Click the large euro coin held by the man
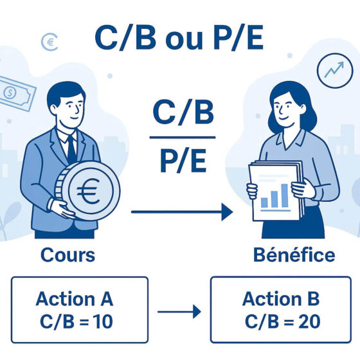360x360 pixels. (x=88, y=190)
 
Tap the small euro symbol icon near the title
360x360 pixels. (x=50, y=42)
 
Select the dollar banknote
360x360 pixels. (x=16, y=94)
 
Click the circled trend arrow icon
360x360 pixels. (x=335, y=71)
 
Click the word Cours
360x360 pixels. (x=67, y=255)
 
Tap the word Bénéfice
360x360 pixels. (x=294, y=255)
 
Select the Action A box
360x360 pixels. (x=80, y=310)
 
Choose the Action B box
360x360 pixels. (x=281, y=310)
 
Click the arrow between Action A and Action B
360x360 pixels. (x=179, y=312)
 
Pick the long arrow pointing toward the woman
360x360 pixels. (x=182, y=212)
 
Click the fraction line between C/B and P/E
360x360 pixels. (x=183, y=138)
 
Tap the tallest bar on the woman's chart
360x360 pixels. (x=284, y=195)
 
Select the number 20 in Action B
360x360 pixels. (x=309, y=321)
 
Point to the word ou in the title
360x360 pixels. (x=184, y=40)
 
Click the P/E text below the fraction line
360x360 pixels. (x=183, y=161)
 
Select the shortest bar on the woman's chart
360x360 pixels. (x=264, y=203)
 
